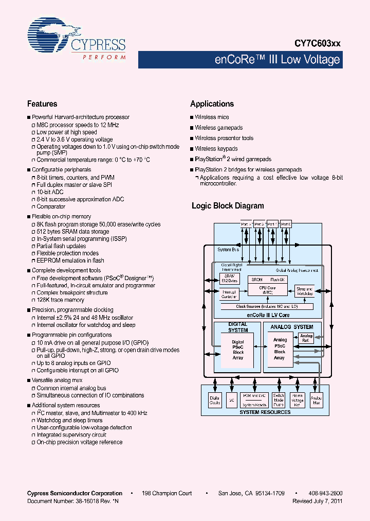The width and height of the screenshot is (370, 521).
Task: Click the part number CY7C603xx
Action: point(317,44)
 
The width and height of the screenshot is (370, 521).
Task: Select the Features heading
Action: point(42,103)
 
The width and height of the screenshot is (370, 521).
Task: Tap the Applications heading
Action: point(212,103)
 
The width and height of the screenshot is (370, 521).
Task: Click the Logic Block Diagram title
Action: point(228,205)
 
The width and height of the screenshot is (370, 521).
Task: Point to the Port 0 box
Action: point(286,224)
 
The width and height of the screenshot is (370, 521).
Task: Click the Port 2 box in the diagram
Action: point(260,224)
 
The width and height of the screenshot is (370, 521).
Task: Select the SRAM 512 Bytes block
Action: point(229,279)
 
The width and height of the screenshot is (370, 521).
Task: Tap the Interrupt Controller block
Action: point(229,294)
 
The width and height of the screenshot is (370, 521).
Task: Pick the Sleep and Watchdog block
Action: point(304,291)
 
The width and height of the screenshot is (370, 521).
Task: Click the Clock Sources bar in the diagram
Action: point(266,306)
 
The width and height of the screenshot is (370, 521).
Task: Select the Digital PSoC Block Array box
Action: point(238,350)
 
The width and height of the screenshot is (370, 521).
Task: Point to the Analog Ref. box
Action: point(306,338)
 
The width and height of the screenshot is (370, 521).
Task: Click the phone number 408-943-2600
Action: point(325,493)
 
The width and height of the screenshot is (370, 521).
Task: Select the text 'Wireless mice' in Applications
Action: point(212,117)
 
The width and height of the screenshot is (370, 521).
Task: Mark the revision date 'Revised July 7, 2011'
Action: point(317,501)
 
